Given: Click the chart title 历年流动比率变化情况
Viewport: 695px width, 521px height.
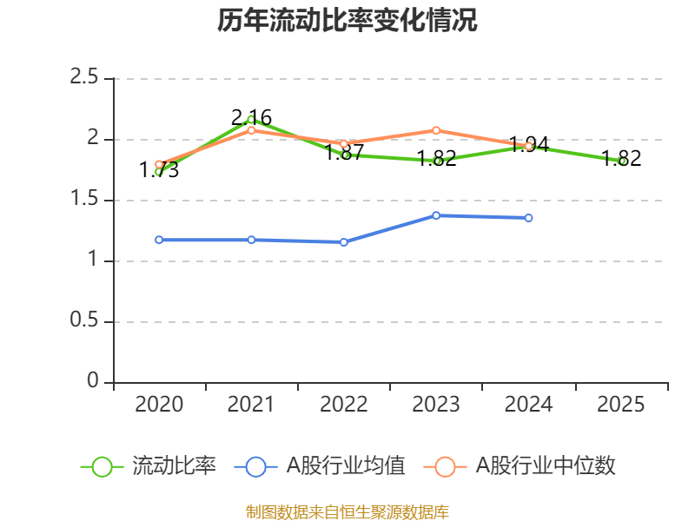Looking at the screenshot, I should (347, 20).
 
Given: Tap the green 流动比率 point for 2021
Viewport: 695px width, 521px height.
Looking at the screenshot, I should (251, 119).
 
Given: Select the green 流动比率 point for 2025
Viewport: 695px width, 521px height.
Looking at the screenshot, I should (621, 161).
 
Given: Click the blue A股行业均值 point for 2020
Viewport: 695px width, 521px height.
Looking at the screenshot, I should (159, 240).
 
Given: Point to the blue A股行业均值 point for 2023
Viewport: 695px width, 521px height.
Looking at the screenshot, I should (436, 215).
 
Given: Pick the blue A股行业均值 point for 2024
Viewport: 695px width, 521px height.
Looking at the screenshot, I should (528, 218).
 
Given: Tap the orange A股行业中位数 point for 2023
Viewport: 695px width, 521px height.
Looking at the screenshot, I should (436, 130).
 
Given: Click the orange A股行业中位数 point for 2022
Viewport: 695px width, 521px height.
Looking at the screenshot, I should (344, 143).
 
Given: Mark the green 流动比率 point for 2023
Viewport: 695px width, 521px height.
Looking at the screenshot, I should (436, 161).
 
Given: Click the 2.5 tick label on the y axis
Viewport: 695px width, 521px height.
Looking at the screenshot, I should (85, 79).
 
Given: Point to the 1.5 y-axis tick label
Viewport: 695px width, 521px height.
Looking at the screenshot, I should (85, 201).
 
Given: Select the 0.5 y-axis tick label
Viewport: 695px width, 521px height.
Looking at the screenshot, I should (85, 322).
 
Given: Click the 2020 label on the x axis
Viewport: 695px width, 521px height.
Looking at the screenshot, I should (159, 405).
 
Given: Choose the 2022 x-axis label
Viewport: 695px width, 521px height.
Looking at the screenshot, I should (344, 405).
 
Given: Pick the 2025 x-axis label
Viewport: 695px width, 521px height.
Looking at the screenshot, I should (621, 405).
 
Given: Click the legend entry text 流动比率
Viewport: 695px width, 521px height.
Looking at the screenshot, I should (174, 466).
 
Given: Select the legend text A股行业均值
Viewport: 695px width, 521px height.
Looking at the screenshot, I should (346, 466).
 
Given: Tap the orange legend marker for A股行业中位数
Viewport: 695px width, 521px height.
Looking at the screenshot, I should (445, 466).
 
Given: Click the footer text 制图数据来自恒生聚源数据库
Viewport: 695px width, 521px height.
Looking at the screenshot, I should (347, 511).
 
